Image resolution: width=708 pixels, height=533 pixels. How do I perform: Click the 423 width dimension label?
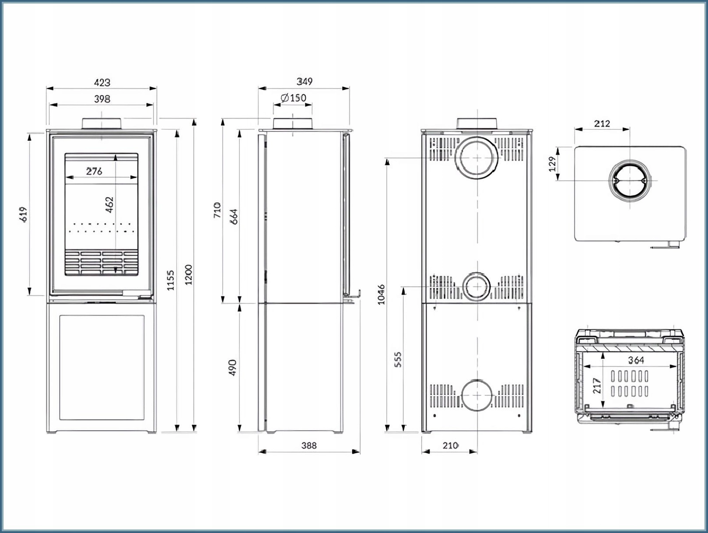click(102, 82)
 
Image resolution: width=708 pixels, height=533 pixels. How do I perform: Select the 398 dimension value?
click(102, 99)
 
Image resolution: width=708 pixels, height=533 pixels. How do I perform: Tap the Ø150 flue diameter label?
click(293, 98)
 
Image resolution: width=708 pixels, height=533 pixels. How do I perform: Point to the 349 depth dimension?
click(304, 81)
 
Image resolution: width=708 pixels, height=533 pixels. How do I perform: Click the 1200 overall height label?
click(189, 274)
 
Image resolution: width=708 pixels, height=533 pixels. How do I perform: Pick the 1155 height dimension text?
click(171, 280)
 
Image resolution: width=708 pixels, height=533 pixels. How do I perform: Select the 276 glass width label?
click(94, 171)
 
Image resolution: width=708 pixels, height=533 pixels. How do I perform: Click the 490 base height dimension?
click(233, 368)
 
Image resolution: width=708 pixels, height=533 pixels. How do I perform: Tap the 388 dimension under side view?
click(309, 445)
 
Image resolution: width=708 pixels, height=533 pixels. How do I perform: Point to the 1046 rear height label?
click(381, 294)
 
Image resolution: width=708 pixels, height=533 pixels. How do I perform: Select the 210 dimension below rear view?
click(450, 445)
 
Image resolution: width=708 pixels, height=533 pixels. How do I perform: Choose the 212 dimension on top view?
click(602, 124)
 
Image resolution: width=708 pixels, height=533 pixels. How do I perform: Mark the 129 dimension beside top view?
click(552, 165)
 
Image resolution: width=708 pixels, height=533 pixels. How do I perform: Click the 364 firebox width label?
click(636, 360)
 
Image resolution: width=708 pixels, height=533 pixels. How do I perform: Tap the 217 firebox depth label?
click(597, 386)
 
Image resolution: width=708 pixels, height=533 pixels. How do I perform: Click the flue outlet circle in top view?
click(630, 181)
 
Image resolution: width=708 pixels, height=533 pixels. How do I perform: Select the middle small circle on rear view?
click(477, 287)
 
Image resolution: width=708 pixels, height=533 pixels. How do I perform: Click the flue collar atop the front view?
click(102, 124)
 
